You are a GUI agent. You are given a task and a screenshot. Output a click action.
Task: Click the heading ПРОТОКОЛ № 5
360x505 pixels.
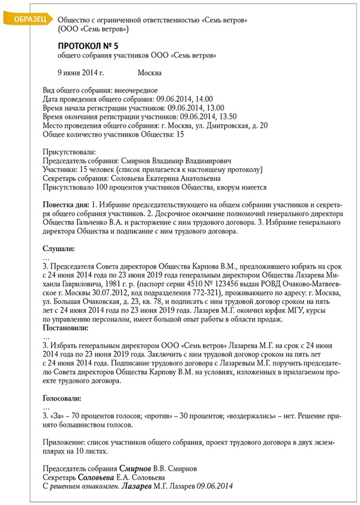click(x=90, y=46)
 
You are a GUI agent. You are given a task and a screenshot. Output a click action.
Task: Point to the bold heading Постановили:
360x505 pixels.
click(x=67, y=328)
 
